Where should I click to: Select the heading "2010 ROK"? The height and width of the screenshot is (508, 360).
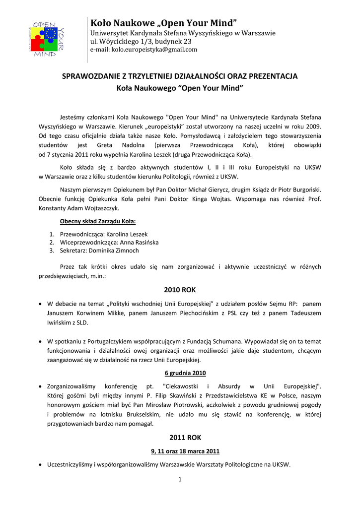[x=180, y=289]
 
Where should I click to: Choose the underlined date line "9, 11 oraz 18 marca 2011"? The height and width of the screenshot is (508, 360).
[x=185, y=451]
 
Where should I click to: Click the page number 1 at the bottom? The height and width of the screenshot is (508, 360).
[x=180, y=479]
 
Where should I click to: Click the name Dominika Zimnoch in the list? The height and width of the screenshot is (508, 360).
[x=114, y=251]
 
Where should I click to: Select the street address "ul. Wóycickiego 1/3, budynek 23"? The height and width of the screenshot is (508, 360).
[x=141, y=42]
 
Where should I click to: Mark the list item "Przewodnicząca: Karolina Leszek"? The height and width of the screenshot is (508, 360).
[x=104, y=234]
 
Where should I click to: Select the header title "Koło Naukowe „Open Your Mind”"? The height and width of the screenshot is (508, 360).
[x=164, y=23]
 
